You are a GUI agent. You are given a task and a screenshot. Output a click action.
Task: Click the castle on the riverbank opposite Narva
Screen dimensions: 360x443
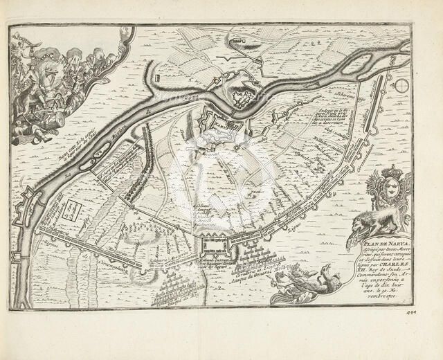coord(242,91)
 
